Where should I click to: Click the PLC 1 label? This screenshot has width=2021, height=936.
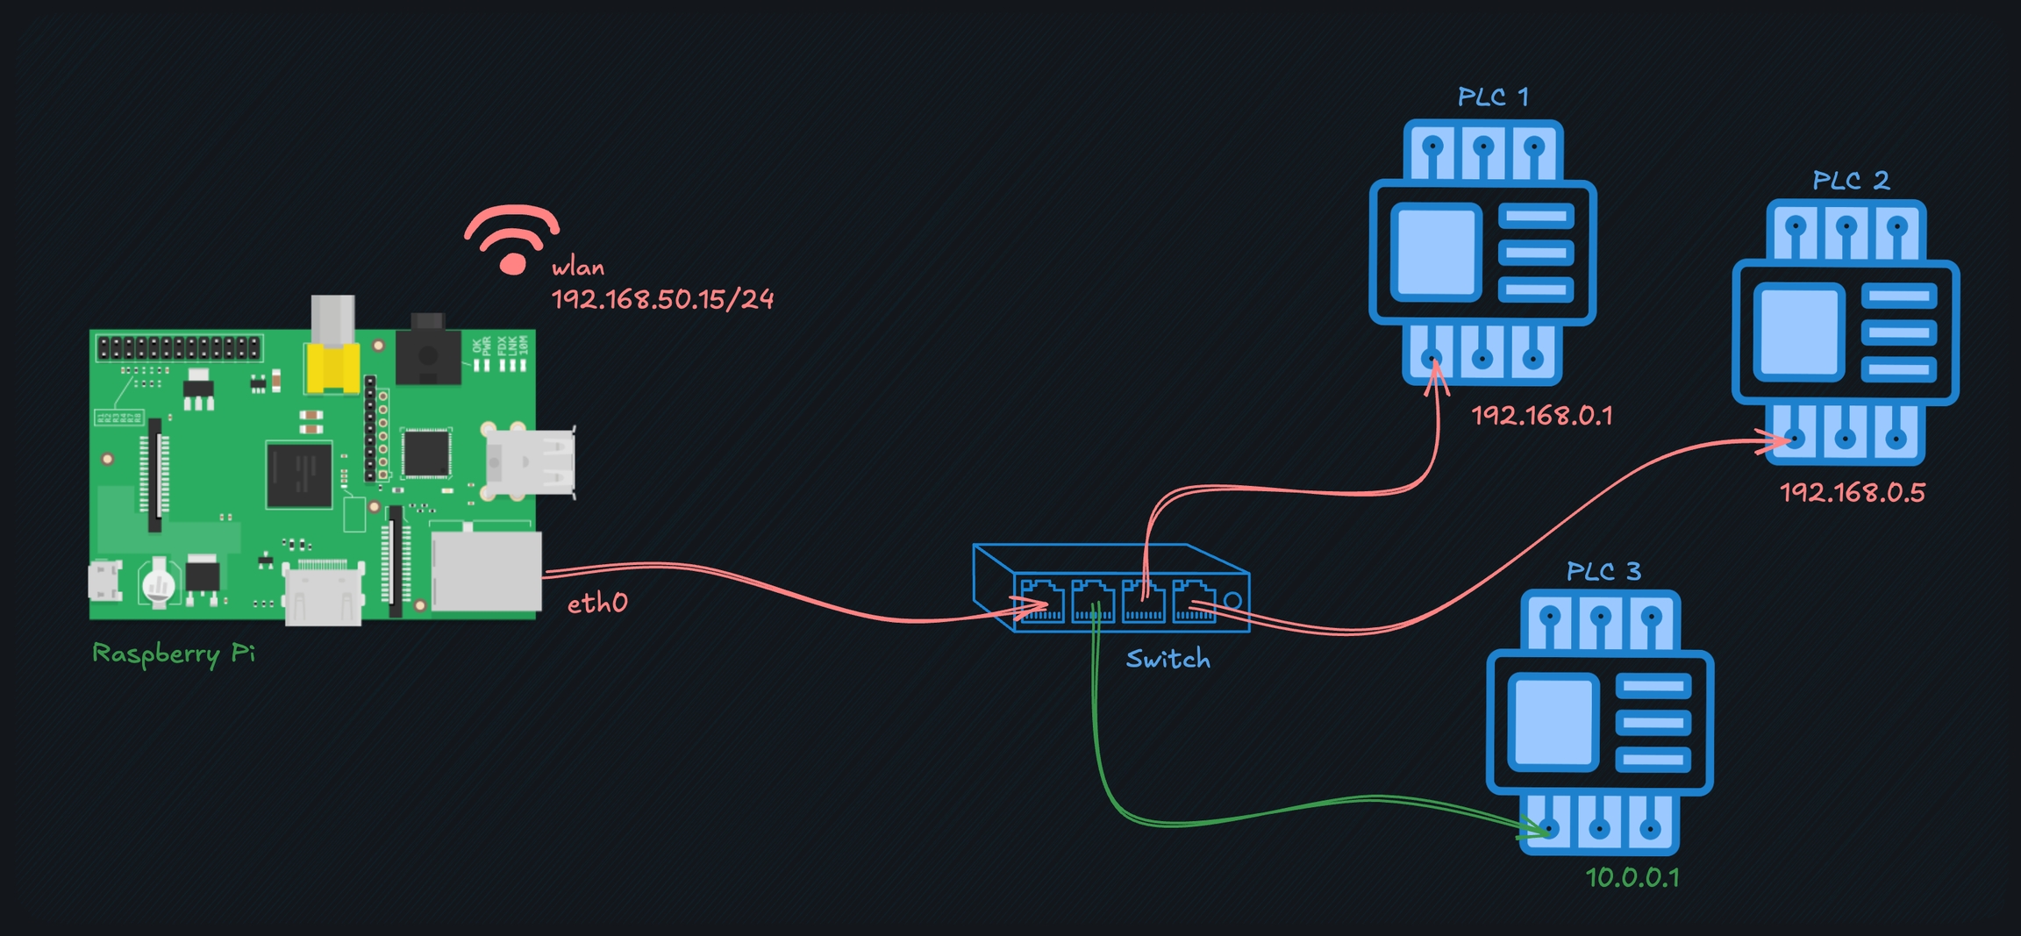(1493, 96)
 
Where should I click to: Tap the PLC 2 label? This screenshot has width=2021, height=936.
(1851, 181)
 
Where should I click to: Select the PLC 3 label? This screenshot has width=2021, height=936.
(1603, 572)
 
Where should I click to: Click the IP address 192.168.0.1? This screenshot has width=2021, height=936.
(1542, 416)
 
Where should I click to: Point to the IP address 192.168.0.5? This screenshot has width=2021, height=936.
(1853, 493)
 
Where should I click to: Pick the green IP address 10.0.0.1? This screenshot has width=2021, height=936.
(1632, 878)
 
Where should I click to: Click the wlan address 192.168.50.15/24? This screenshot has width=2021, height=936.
(662, 300)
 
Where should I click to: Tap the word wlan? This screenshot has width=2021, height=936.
(578, 268)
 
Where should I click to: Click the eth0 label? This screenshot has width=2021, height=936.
(597, 604)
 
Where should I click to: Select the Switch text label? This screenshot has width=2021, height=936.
(1168, 660)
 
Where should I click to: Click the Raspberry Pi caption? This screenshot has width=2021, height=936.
(174, 654)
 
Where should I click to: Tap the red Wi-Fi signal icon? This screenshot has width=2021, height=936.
(512, 239)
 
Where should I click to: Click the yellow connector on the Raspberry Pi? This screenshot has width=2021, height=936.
(332, 368)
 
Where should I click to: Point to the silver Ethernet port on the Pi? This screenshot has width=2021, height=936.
(487, 571)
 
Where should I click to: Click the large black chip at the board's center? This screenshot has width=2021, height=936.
(299, 475)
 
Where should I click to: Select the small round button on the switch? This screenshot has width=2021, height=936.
(1232, 601)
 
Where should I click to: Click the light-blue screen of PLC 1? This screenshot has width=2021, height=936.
(1436, 252)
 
